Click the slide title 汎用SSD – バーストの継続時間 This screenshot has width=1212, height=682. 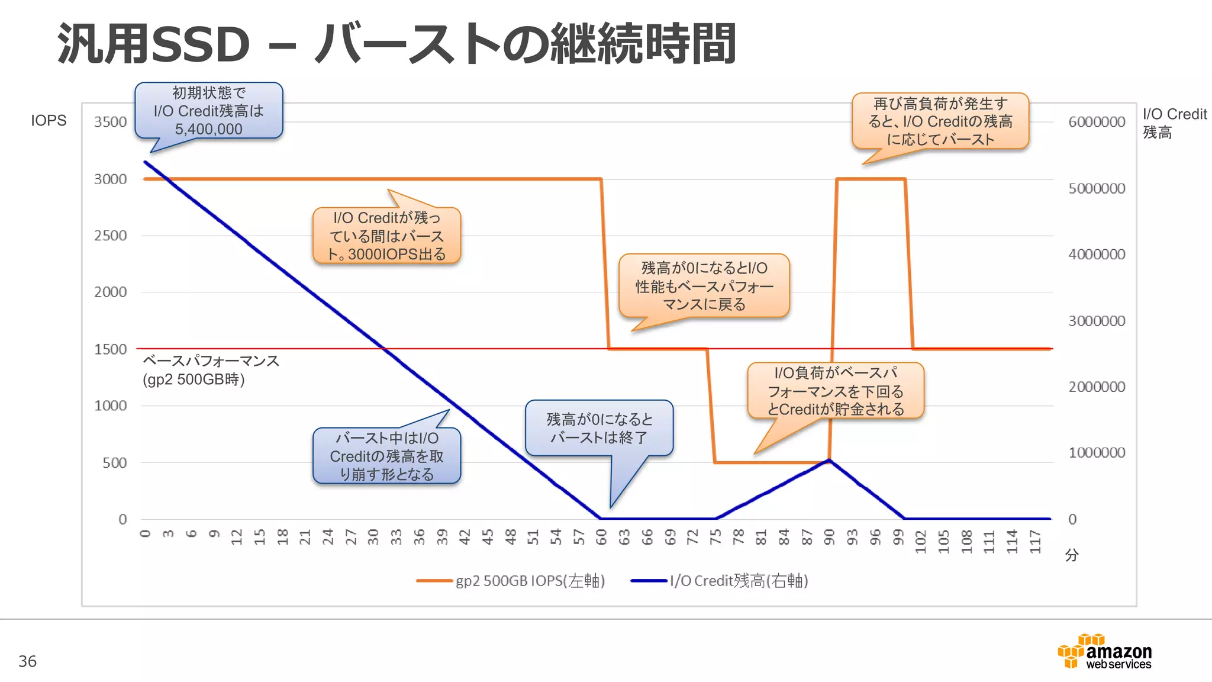tap(397, 44)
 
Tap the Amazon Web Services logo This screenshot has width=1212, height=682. tap(1104, 652)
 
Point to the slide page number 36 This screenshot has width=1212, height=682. tap(27, 661)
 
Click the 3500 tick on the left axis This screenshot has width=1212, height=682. tap(110, 122)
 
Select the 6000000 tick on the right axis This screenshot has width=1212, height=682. tap(1096, 122)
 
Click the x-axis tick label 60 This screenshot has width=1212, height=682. tap(601, 537)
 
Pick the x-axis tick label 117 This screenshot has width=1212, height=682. tap(1034, 541)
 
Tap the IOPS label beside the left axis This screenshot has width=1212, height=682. tap(49, 120)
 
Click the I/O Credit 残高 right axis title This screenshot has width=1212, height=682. tap(1174, 123)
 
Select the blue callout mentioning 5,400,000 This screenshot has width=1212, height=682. tap(208, 111)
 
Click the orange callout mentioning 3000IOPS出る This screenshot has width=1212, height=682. tap(386, 236)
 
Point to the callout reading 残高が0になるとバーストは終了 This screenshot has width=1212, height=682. tap(599, 428)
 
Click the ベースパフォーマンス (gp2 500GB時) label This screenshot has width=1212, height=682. tap(210, 370)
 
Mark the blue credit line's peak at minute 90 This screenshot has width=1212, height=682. tap(829, 460)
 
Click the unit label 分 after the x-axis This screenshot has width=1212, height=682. tap(1071, 555)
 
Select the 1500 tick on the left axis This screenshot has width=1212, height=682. tap(110, 349)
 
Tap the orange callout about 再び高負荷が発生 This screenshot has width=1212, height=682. tap(940, 121)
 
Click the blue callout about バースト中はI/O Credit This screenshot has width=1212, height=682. tap(386, 456)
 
